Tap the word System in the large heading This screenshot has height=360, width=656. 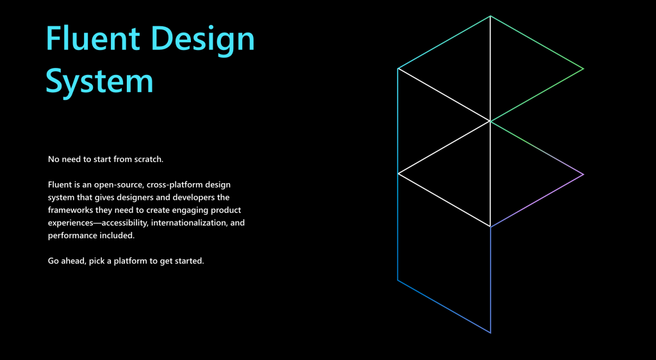99,82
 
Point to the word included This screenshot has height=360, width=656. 117,236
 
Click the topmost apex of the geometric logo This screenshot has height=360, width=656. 490,16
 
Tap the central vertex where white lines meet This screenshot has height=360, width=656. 490,121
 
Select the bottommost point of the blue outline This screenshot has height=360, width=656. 490,333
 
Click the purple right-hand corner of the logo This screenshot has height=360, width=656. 583,174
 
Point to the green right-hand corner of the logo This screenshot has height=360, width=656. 583,69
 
